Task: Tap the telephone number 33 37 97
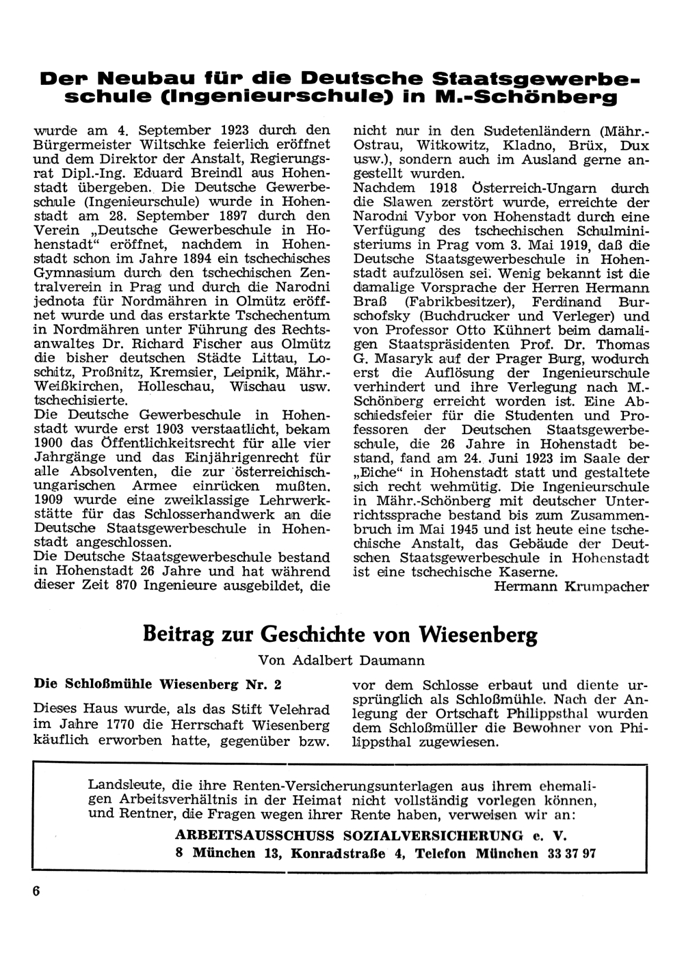click(x=572, y=853)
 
